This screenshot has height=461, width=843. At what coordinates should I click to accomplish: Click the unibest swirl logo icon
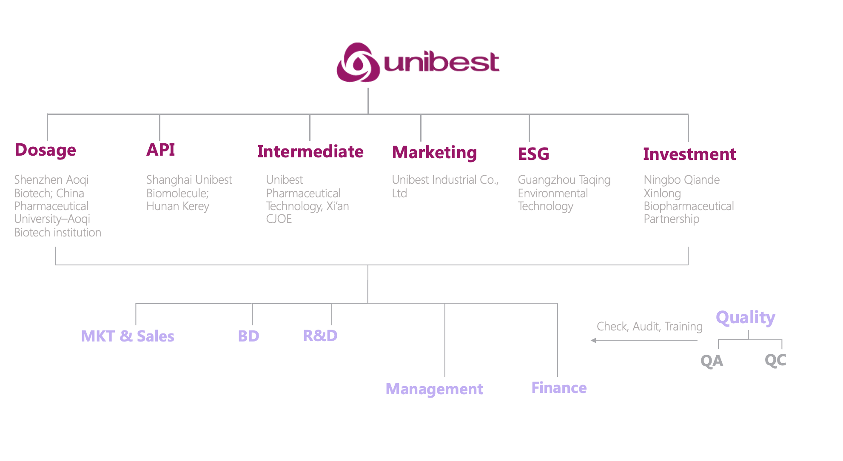[x=358, y=63]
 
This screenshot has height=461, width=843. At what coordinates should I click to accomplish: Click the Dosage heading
[x=46, y=150]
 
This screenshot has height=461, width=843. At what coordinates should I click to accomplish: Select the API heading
[x=161, y=150]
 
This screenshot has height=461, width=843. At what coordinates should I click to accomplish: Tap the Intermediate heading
[x=310, y=152]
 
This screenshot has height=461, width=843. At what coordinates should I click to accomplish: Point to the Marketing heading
[x=434, y=153]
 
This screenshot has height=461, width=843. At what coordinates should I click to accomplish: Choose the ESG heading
[x=533, y=154]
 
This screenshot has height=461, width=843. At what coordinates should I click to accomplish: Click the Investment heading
[x=689, y=154]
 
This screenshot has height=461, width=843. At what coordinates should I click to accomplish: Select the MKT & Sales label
[x=128, y=336]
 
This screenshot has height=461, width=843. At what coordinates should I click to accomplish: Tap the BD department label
[x=248, y=336]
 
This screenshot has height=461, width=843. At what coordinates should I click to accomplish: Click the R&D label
[x=320, y=336]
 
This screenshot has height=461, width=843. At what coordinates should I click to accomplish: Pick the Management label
[x=434, y=389]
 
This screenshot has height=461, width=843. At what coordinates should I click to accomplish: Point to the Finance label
[x=559, y=388]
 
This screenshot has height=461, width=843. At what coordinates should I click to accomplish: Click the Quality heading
[x=746, y=318]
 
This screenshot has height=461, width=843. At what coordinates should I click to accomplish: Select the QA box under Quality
[x=712, y=361]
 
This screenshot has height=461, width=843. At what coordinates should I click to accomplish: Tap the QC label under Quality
[x=775, y=360]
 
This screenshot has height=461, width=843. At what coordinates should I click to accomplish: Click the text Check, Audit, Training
[x=649, y=327]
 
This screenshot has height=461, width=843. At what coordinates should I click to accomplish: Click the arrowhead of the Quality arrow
[x=594, y=340]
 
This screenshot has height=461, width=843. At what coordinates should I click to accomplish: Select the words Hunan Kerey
[x=178, y=206]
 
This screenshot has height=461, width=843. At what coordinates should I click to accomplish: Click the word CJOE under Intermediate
[x=279, y=219]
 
